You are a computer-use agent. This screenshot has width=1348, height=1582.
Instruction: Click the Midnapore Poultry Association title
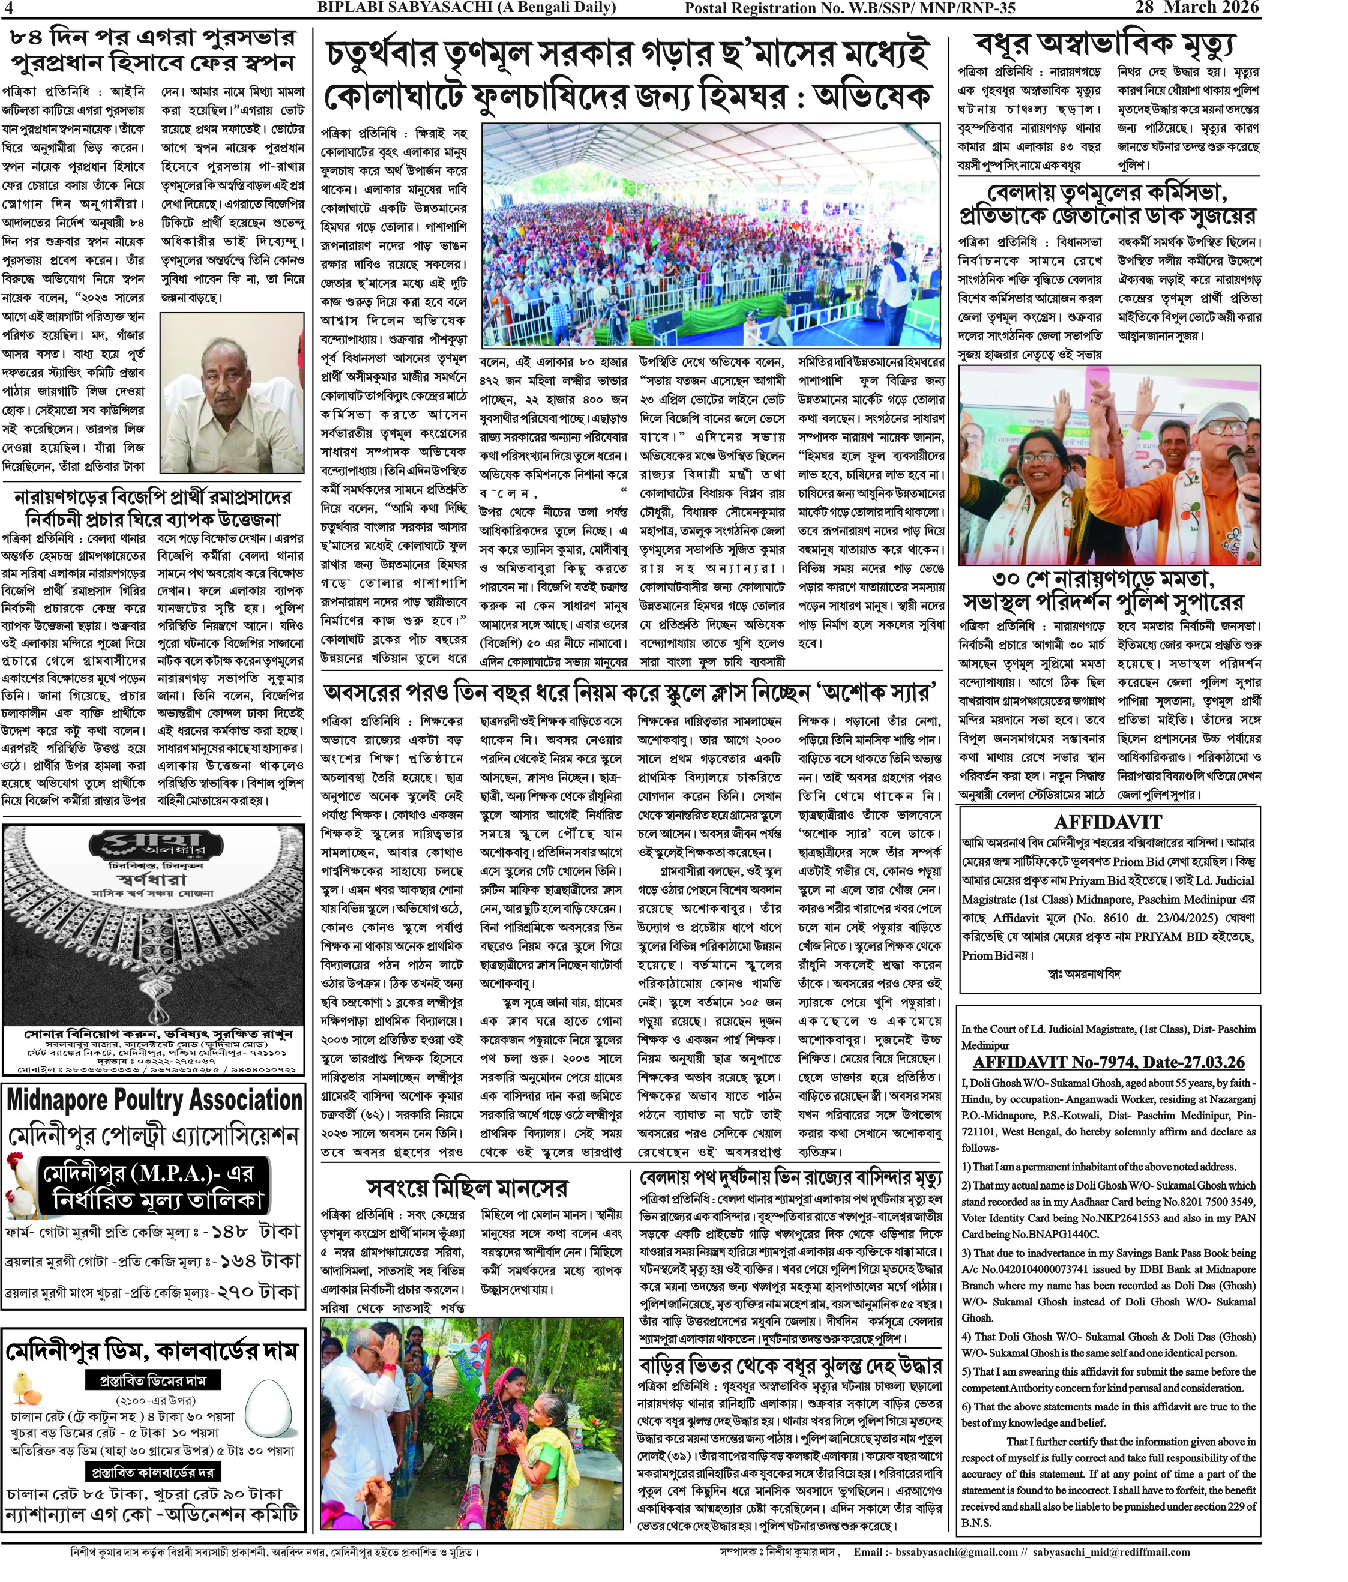(154, 1100)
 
